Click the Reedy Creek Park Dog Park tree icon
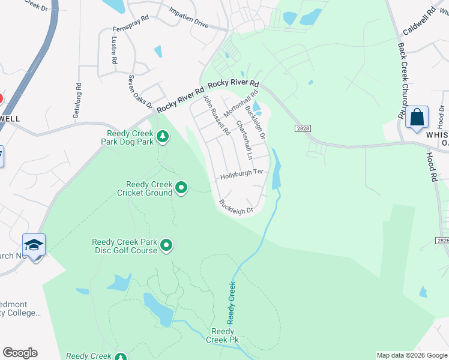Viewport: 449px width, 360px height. tap(162, 137)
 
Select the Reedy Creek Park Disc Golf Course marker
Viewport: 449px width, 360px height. tap(166, 245)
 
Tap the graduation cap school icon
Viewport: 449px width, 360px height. tap(34, 245)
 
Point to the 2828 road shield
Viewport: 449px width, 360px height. tap(303, 128)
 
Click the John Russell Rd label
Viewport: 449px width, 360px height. tap(216, 114)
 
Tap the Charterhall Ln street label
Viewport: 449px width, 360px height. tap(243, 136)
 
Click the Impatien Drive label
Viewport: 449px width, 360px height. tap(188, 18)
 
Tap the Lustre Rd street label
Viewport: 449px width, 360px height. tap(113, 50)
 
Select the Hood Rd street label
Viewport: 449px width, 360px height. tap(431, 167)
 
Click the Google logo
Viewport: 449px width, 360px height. tap(20, 353)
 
